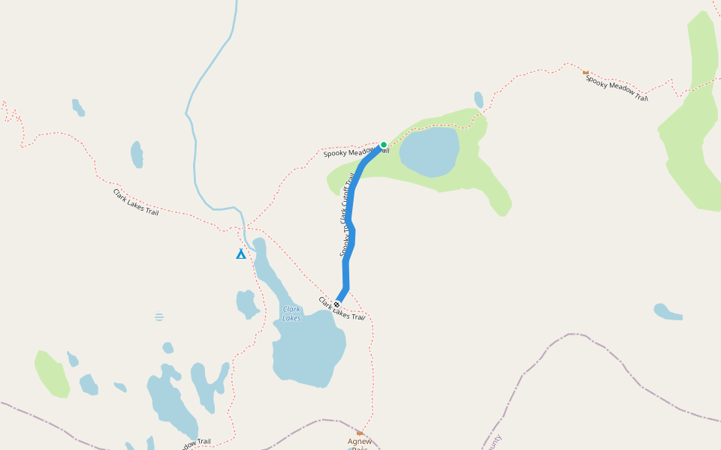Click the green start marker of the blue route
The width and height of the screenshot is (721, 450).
coord(383,145)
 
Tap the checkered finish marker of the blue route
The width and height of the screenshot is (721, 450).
coord(336,304)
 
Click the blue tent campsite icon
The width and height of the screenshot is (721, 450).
coord(240,253)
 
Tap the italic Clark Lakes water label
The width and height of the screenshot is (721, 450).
coord(291,313)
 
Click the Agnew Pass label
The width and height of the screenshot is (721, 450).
coord(360,442)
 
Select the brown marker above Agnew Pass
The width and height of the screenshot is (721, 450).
coord(360,433)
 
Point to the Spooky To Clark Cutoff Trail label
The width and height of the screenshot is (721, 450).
coord(347,214)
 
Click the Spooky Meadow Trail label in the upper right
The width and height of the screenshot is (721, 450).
coord(616,87)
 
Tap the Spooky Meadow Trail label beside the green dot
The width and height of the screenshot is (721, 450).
coord(353,152)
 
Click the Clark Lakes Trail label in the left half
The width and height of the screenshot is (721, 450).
coord(136,202)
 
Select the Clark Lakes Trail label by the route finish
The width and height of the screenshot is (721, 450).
coord(342,308)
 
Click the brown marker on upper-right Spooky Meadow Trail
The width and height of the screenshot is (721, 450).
coord(586,72)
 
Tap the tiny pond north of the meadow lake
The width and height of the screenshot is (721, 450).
coord(478,100)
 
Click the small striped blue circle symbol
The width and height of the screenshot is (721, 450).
coord(159,317)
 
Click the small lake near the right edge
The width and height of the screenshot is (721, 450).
coord(666,311)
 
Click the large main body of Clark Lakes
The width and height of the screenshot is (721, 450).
coord(308,349)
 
